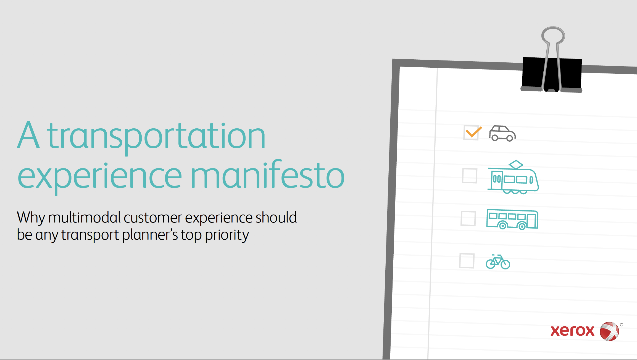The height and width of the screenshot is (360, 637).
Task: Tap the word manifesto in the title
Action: coord(268,174)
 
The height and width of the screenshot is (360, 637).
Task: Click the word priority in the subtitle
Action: coord(227,235)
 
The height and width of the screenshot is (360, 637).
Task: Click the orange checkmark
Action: coord(473,132)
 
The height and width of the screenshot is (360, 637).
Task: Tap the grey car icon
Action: coord(502,133)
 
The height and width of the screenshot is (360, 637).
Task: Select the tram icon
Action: coord(513,177)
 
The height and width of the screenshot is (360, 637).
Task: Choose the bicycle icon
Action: coord(498,262)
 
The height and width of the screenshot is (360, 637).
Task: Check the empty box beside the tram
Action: coord(470,176)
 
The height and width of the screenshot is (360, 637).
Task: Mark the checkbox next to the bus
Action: coord(468,218)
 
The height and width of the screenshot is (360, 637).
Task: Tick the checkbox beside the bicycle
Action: coord(467,261)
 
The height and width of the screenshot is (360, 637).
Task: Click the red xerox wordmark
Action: coord(572,331)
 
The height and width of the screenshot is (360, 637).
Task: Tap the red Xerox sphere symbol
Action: coord(609,331)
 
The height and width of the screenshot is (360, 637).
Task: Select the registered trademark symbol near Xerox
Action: coord(622,325)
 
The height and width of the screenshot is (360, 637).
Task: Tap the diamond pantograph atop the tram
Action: coord(516,164)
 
